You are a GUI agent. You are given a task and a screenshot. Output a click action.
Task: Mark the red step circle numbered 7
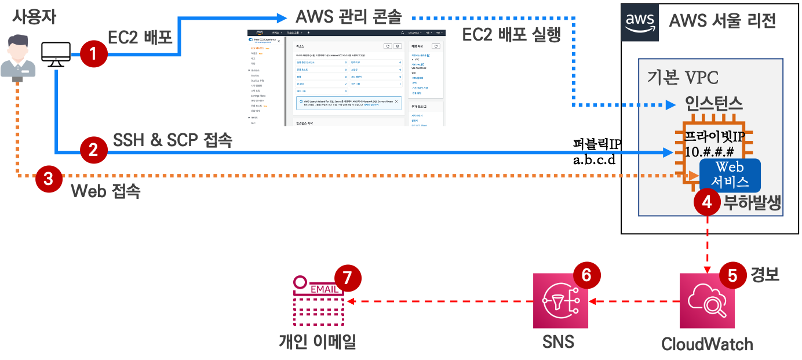347,278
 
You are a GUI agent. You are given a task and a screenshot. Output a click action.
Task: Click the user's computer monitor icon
56,54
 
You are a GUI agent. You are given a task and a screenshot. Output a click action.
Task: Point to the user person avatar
18,56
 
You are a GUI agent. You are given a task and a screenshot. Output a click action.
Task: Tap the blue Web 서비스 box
730,175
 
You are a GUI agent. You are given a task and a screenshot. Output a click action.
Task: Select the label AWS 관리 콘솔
348,16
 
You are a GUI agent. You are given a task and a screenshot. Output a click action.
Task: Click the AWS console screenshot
345,77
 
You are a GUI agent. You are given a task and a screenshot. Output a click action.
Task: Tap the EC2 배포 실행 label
512,35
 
